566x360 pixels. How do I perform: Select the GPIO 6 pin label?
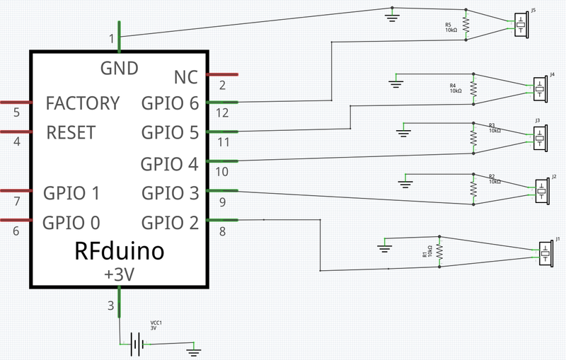(170, 103)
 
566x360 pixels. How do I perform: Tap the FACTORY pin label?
(82, 103)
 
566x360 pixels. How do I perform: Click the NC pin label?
(185, 76)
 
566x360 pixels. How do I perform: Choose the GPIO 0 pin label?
(71, 223)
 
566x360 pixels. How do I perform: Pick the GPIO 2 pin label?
(170, 223)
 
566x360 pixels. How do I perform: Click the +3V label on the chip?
(118, 274)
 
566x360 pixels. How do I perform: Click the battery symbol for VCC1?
(137, 344)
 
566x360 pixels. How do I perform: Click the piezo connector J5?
(522, 25)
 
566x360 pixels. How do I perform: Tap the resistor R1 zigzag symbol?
(439, 252)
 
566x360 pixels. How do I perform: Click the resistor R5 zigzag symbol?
(466, 25)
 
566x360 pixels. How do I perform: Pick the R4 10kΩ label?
(455, 88)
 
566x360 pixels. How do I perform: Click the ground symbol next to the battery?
(193, 348)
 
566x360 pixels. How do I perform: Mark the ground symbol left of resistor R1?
(384, 247)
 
